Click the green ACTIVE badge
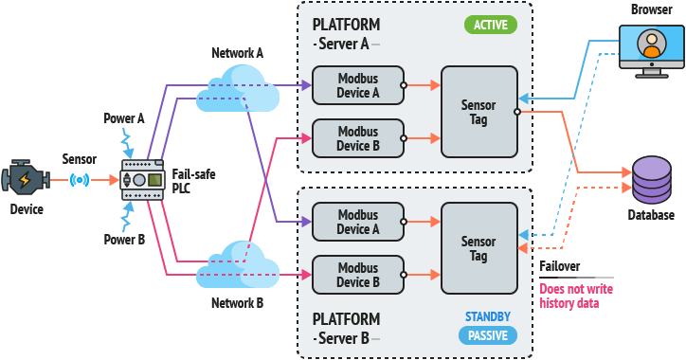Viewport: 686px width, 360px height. click(491, 25)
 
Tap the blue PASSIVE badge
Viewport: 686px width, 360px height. click(488, 335)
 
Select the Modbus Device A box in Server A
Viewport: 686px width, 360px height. click(358, 85)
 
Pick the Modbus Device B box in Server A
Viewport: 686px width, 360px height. click(358, 138)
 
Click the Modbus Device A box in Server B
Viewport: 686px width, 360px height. click(358, 222)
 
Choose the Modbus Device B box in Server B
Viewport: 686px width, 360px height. click(358, 275)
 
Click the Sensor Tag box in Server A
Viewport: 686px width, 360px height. click(479, 112)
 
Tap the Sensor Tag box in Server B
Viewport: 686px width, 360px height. click(479, 248)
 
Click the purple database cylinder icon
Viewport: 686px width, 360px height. click(652, 179)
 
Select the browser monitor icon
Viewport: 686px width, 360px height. click(652, 51)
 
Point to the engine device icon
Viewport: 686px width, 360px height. click(25, 177)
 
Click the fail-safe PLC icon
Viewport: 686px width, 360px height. click(142, 180)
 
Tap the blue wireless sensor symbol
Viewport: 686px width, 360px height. click(80, 180)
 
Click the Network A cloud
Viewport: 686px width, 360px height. click(238, 89)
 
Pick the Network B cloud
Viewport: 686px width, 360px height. click(238, 263)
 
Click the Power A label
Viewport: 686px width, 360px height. click(124, 118)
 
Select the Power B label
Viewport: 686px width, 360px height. click(124, 240)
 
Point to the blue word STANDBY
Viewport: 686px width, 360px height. click(488, 316)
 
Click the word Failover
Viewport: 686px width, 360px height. click(560, 266)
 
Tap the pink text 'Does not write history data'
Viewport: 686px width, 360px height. click(576, 297)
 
